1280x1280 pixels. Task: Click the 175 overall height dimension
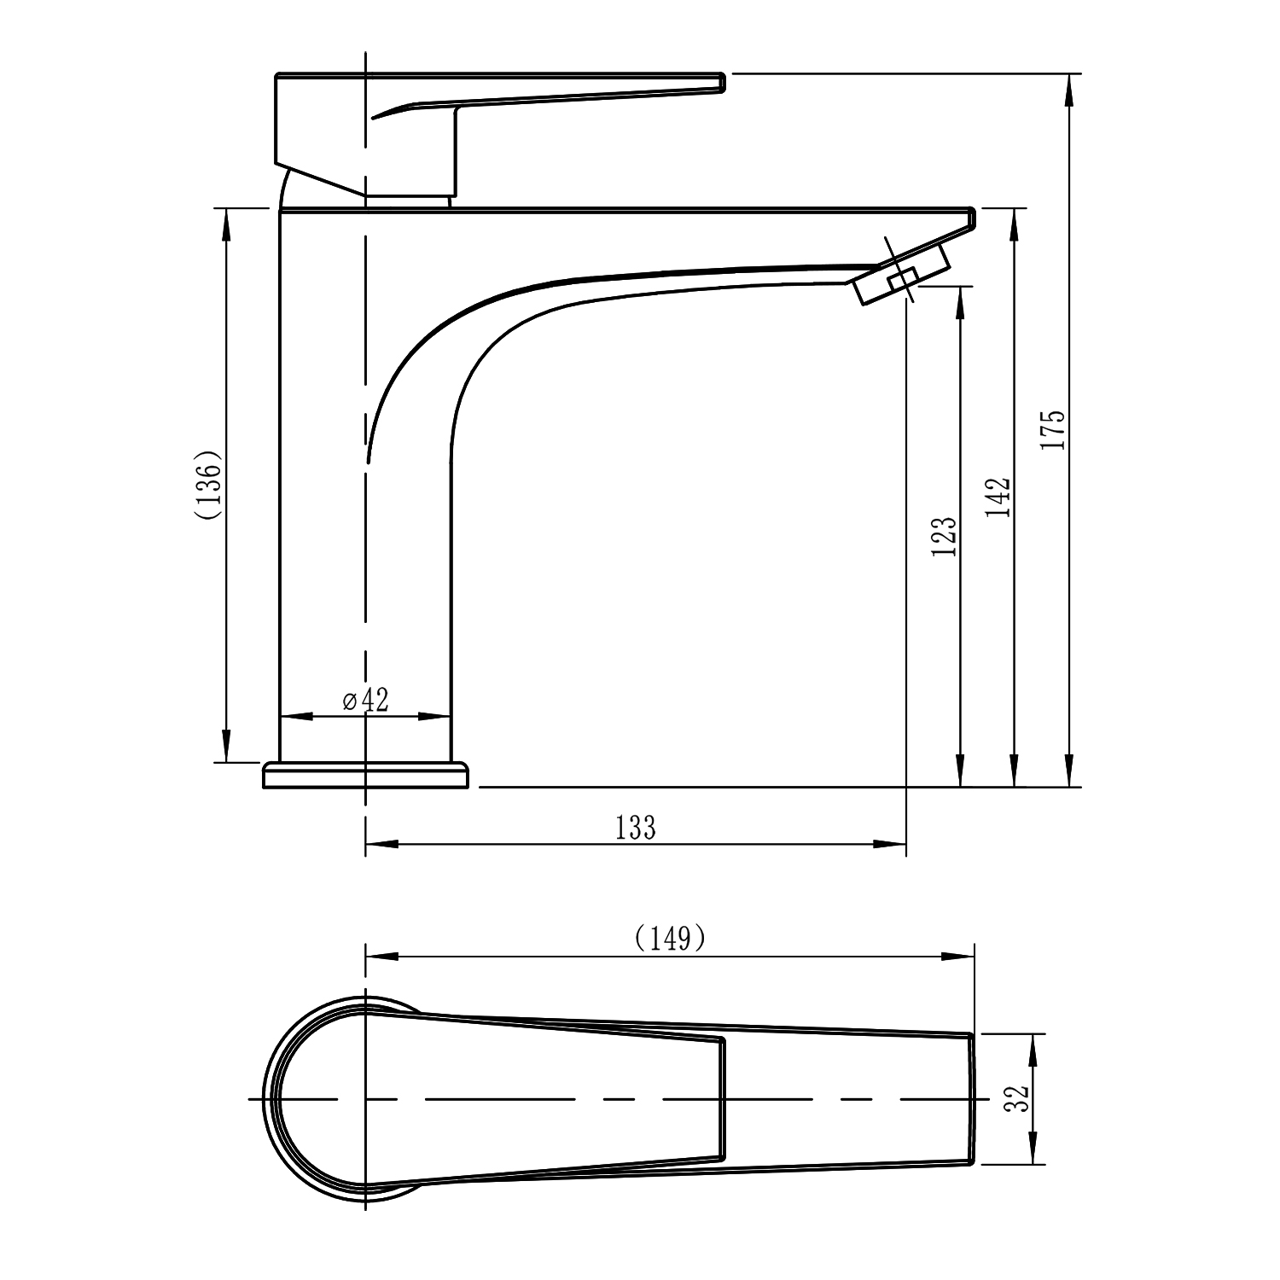(1056, 430)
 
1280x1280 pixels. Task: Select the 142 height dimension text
(998, 497)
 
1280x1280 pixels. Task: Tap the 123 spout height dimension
(945, 537)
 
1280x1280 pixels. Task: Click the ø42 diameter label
(365, 700)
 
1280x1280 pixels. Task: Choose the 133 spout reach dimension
(636, 827)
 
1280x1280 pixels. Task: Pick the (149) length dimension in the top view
(671, 938)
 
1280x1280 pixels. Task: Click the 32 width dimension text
(1016, 1098)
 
